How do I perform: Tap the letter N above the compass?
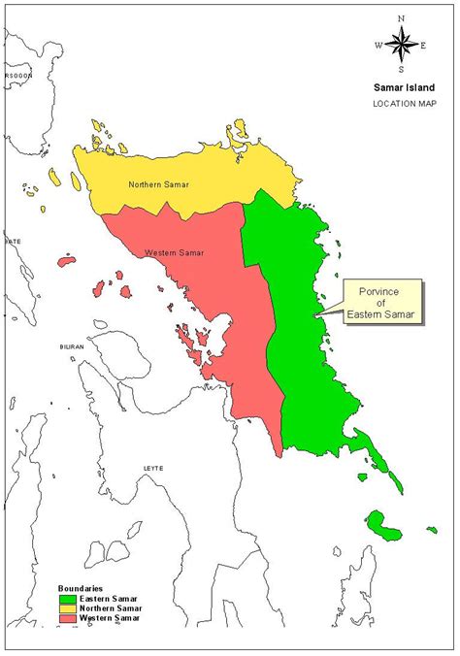click(401, 18)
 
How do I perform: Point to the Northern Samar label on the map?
click(158, 183)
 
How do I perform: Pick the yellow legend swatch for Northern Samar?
click(65, 608)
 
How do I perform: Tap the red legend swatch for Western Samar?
click(65, 618)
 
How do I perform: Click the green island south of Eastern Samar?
click(388, 530)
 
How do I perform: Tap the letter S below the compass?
click(401, 69)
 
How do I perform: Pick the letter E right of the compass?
click(424, 45)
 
